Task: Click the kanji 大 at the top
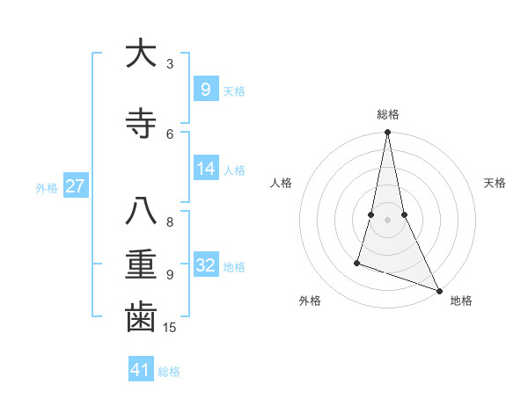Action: click(x=141, y=54)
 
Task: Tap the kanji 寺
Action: click(x=141, y=124)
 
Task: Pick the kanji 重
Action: click(x=141, y=265)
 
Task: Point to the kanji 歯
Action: click(x=141, y=317)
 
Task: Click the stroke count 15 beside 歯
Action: click(x=171, y=328)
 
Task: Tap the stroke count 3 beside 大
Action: click(x=170, y=64)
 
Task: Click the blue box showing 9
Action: click(x=205, y=89)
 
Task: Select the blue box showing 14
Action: click(x=205, y=169)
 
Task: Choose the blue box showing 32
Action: click(x=205, y=265)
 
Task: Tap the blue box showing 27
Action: click(x=76, y=186)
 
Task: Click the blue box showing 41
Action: click(x=141, y=370)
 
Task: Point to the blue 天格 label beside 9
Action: click(x=234, y=91)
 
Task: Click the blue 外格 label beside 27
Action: click(x=47, y=187)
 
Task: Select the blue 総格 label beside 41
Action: click(x=170, y=372)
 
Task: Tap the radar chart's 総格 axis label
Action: click(x=388, y=114)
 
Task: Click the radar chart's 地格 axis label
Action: click(x=461, y=301)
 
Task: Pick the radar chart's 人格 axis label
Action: click(x=282, y=183)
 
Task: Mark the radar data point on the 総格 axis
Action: click(x=387, y=133)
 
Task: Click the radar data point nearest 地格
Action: click(x=439, y=290)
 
